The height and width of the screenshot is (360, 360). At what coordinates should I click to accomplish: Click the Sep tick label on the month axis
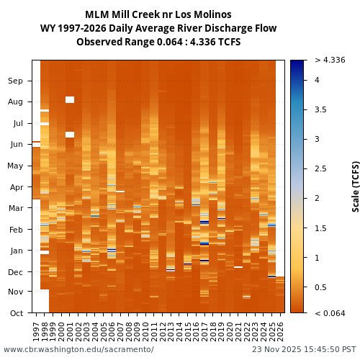(15, 81)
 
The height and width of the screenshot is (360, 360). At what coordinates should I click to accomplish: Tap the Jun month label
(15, 144)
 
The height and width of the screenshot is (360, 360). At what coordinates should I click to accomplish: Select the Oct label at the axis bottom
(15, 313)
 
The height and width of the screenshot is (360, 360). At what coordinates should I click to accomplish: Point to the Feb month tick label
(15, 229)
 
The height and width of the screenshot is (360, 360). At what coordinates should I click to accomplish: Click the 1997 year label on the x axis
(37, 331)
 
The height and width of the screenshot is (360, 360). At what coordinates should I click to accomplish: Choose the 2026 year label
(280, 331)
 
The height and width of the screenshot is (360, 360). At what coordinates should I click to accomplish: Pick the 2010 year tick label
(145, 331)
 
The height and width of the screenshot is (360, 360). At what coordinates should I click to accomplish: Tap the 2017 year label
(204, 331)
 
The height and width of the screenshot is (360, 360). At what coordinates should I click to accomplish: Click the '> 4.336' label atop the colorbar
(330, 60)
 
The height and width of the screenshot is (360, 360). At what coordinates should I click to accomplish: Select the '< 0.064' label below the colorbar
(330, 312)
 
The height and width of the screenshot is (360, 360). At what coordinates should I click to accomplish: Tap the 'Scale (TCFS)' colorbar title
(356, 186)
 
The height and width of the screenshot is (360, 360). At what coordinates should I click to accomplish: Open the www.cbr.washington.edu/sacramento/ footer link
(78, 349)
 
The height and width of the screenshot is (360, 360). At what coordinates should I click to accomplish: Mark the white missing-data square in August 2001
(70, 100)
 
